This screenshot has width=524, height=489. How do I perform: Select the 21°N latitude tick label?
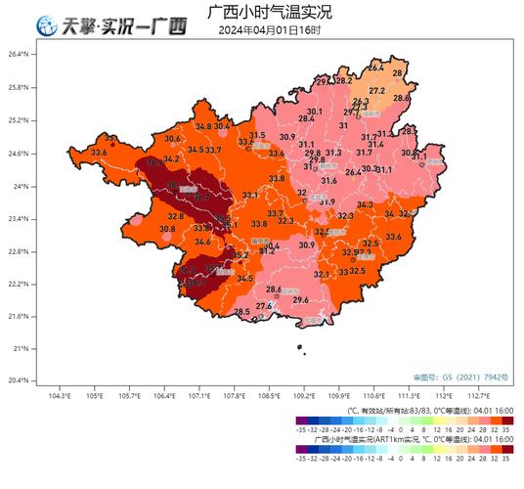[x=22, y=348]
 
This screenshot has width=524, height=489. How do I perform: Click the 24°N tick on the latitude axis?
[x=22, y=186]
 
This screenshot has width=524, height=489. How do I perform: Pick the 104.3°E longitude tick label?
[x=60, y=396]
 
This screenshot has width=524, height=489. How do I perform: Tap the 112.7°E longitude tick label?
[x=479, y=396]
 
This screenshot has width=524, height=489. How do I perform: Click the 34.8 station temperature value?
[x=202, y=127]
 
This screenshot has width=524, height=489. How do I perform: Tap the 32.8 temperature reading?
[x=176, y=215]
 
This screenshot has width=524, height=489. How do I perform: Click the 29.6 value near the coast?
[x=301, y=300]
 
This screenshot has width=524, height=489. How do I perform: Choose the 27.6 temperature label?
[x=263, y=306]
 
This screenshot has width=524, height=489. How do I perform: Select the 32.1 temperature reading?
[x=322, y=275]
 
